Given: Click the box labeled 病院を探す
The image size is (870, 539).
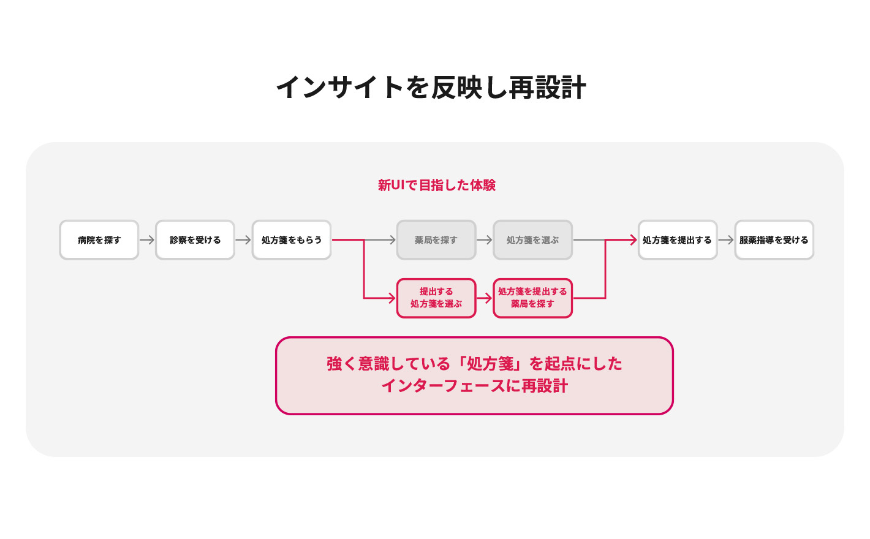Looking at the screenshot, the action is point(99,240).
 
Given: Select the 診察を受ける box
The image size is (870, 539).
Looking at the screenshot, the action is point(195,240).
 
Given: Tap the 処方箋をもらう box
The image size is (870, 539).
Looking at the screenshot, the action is point(291,240).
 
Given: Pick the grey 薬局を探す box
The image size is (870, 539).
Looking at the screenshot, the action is point(436,240).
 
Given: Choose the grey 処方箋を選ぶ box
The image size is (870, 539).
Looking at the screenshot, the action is point(532,240).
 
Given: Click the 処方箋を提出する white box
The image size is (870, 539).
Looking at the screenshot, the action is point(678,240).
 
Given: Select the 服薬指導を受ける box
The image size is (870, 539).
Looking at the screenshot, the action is point(774,240).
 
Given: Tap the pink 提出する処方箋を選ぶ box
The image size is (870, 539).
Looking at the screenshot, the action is point(436,298).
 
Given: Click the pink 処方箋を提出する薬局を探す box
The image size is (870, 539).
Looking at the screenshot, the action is point(532,298).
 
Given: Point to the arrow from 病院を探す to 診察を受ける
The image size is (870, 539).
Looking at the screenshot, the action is point(147,240).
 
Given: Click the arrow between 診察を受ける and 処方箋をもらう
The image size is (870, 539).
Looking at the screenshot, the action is point(243,240).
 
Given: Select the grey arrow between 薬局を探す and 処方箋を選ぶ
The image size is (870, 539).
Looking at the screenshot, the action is point(485,240).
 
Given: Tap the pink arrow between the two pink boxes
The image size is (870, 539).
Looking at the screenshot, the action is point(485,298).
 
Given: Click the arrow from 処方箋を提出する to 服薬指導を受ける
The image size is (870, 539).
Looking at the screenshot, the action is point(726,240).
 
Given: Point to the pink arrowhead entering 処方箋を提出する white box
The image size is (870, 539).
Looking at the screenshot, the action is point(634,240).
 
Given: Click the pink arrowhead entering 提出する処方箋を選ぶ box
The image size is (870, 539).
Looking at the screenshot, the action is point(392,298).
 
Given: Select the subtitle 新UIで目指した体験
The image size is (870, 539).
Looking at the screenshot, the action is point(437,185).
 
